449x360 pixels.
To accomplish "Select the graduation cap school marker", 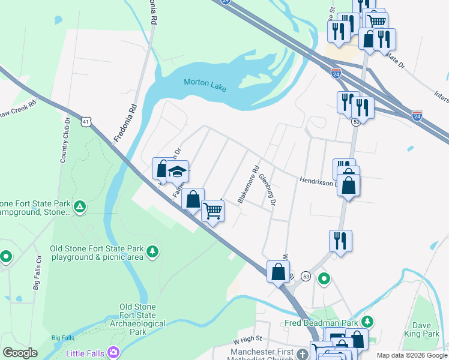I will (177, 172).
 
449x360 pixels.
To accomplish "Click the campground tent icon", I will (80, 208).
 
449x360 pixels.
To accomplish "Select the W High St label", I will (249, 341).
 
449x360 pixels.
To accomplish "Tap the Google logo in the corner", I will (20, 353).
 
